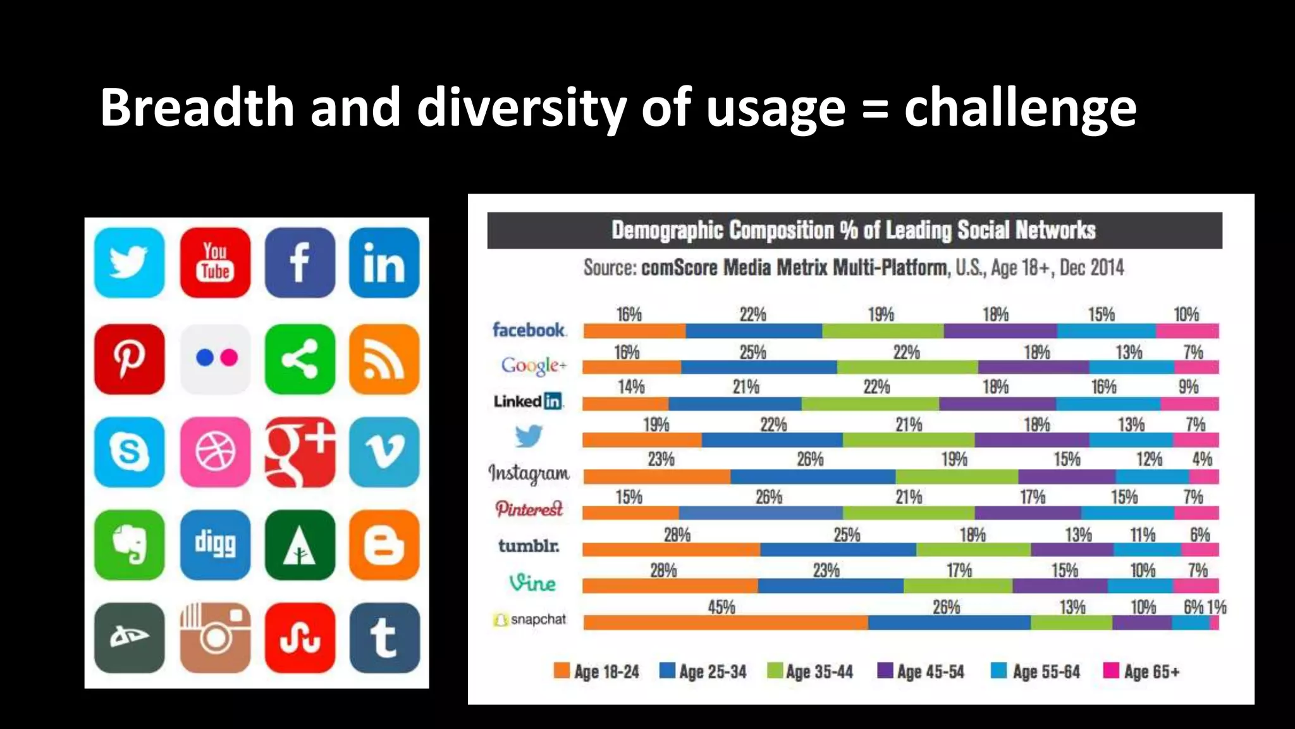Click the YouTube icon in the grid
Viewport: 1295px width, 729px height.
(x=215, y=263)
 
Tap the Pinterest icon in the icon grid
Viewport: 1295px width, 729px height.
(x=129, y=359)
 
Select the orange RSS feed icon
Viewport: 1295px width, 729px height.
(x=384, y=359)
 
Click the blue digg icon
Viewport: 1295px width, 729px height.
(x=215, y=544)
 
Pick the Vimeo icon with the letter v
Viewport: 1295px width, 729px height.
(x=384, y=452)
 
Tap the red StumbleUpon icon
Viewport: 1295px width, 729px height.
(x=300, y=637)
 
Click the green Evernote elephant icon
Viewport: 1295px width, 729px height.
(x=129, y=544)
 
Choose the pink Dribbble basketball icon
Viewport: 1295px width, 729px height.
(x=215, y=452)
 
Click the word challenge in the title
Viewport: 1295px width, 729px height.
(x=1020, y=108)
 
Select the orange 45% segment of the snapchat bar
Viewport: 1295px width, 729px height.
(x=725, y=623)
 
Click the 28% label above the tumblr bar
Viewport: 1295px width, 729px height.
(x=677, y=535)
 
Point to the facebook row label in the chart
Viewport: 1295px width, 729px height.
(x=529, y=330)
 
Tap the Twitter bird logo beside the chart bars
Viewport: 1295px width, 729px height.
(x=529, y=435)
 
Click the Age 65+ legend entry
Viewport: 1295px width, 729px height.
(x=1142, y=671)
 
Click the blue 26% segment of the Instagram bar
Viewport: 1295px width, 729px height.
(x=813, y=477)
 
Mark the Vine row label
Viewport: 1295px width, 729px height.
(x=532, y=582)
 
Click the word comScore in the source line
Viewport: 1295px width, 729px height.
(x=678, y=268)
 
